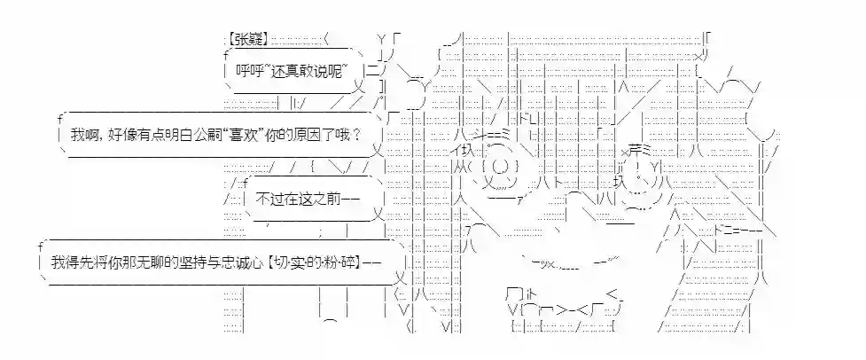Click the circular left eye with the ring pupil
[499, 168]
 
